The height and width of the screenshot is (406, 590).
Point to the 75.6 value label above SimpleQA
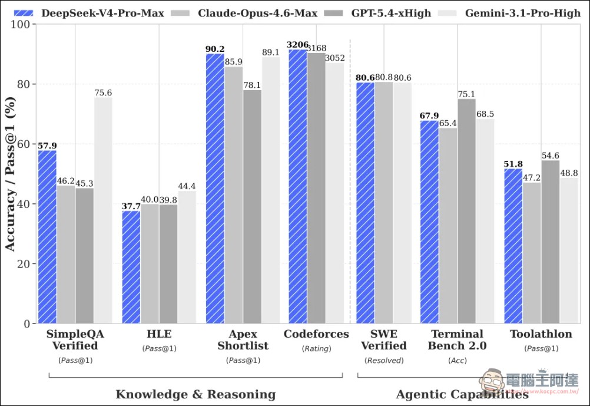tap(102, 93)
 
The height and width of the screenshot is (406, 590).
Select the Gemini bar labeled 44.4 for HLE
tap(187, 257)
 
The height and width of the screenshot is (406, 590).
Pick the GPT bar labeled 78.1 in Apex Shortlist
tap(252, 206)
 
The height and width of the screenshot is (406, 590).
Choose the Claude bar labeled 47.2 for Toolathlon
tap(532, 253)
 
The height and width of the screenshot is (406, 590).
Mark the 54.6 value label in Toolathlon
tap(550, 156)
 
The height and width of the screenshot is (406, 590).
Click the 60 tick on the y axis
tap(25, 144)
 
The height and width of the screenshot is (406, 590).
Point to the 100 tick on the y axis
tap(22, 24)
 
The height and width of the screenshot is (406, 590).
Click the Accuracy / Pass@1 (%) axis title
tap(11, 174)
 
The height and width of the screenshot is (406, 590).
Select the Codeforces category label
tap(316, 334)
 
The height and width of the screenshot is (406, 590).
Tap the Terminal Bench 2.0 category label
tap(457, 339)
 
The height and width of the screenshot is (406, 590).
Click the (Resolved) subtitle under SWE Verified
tap(384, 360)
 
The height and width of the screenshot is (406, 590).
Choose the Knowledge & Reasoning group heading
tap(195, 394)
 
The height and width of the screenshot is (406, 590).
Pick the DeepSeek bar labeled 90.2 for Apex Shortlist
tap(215, 189)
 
